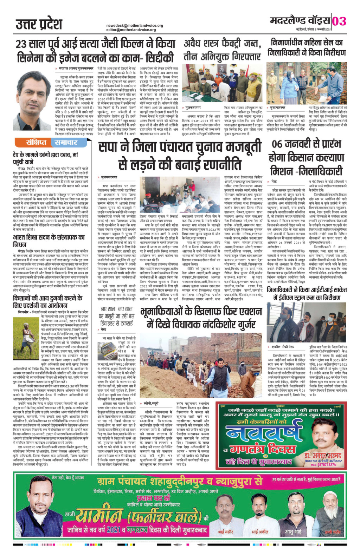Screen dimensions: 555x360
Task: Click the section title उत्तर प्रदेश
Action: [x=39, y=25]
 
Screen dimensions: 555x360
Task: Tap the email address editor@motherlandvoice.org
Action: [x=131, y=30]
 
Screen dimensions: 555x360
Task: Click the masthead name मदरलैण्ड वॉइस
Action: [x=300, y=21]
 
